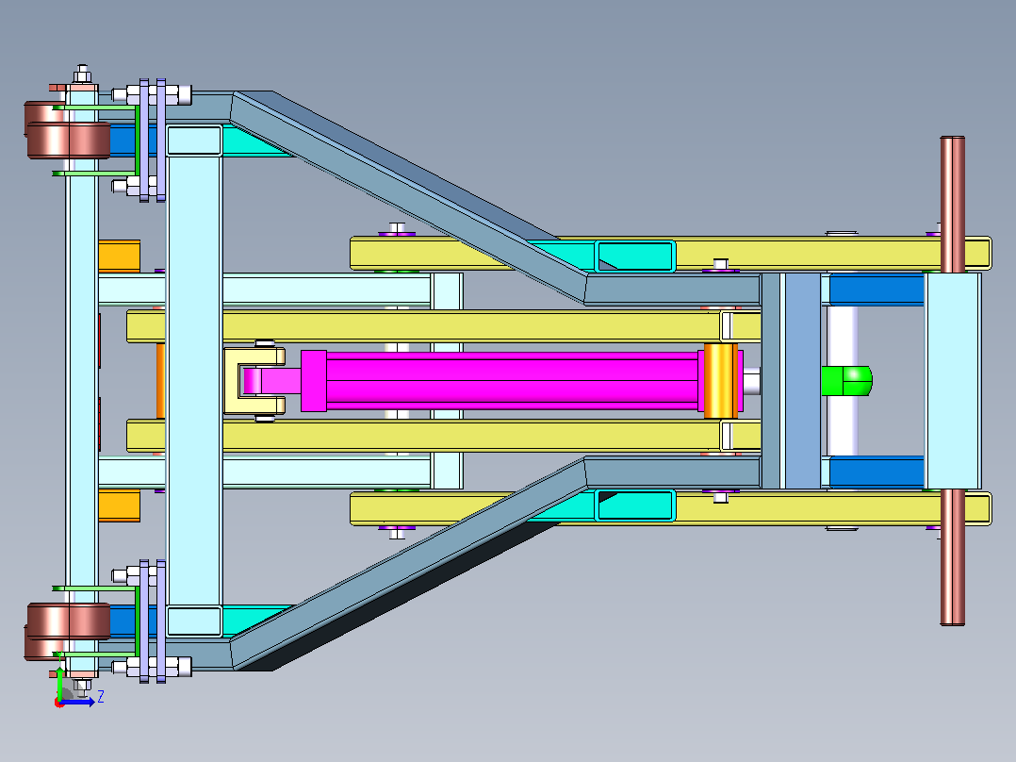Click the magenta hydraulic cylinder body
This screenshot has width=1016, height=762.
pyautogui.click(x=512, y=381)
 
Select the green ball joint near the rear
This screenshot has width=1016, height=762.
pyautogui.click(x=846, y=381)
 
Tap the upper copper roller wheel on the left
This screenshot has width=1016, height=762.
pyautogui.click(x=68, y=130)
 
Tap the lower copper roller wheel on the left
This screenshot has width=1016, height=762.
pyautogui.click(x=68, y=631)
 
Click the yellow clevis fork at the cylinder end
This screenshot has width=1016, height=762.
pyautogui.click(x=254, y=381)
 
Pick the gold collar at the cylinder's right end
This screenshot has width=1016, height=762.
pyautogui.click(x=720, y=381)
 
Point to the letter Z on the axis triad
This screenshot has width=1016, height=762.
pyautogui.click(x=101, y=697)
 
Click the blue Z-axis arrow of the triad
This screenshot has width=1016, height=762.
pyautogui.click(x=77, y=702)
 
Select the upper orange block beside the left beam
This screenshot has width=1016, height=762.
pyautogui.click(x=119, y=256)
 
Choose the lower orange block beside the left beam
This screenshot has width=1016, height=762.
pyautogui.click(x=119, y=505)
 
